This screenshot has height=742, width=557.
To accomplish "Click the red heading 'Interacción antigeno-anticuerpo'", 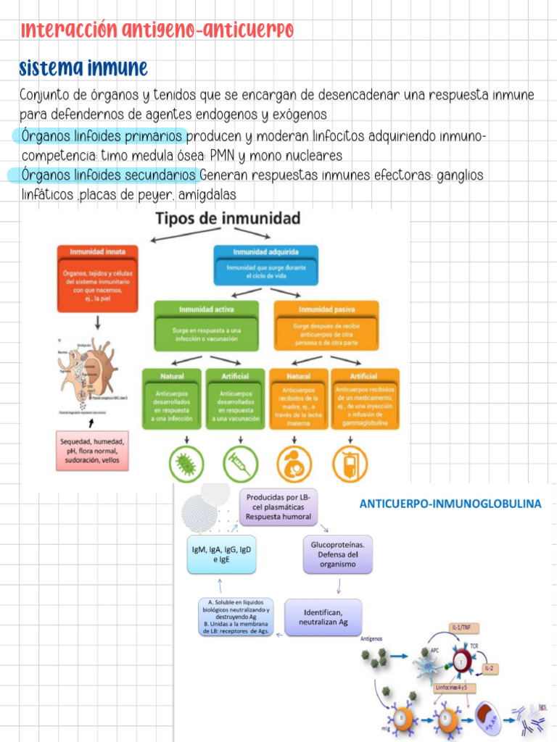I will pos(157,30).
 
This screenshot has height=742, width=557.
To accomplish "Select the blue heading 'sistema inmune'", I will pos(83,69).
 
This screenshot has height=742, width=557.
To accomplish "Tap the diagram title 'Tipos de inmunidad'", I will pos(219,218).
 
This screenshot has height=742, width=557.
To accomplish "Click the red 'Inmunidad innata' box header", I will pos(97,251).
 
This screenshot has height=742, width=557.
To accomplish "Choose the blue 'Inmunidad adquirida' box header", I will pos(265,251).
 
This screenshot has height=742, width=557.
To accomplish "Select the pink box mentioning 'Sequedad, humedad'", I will pos(92,451).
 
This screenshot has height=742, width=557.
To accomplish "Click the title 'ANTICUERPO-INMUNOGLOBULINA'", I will pos(450,504).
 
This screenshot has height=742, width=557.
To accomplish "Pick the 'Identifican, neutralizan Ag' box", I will pos(323,617).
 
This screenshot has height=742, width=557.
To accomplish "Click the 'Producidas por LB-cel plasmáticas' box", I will pos(278,507).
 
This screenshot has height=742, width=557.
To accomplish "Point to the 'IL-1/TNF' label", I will pos(464,627).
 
